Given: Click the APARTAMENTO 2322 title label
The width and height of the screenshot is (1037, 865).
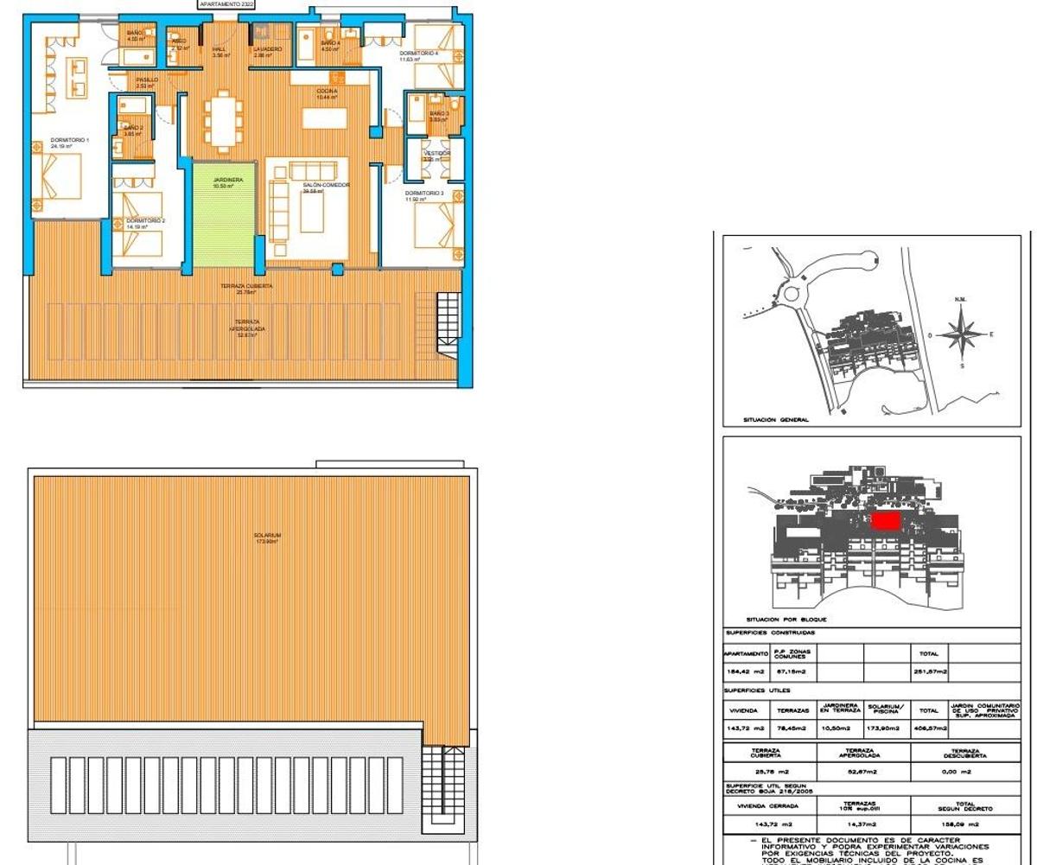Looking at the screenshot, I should coord(226,4).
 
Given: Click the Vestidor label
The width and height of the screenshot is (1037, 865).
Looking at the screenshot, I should coord(436,154).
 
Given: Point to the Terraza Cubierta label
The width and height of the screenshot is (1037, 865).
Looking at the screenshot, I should coord(246,286).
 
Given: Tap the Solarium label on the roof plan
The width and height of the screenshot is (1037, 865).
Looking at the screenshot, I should coord(267,536).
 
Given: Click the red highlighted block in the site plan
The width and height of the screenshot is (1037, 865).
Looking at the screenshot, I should coord(884,520).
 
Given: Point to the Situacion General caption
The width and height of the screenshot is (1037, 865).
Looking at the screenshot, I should coord(776,421).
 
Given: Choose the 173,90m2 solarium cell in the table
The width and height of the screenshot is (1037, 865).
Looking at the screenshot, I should coord(886,729).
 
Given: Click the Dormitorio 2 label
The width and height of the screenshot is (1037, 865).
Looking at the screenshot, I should coord(145,221).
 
